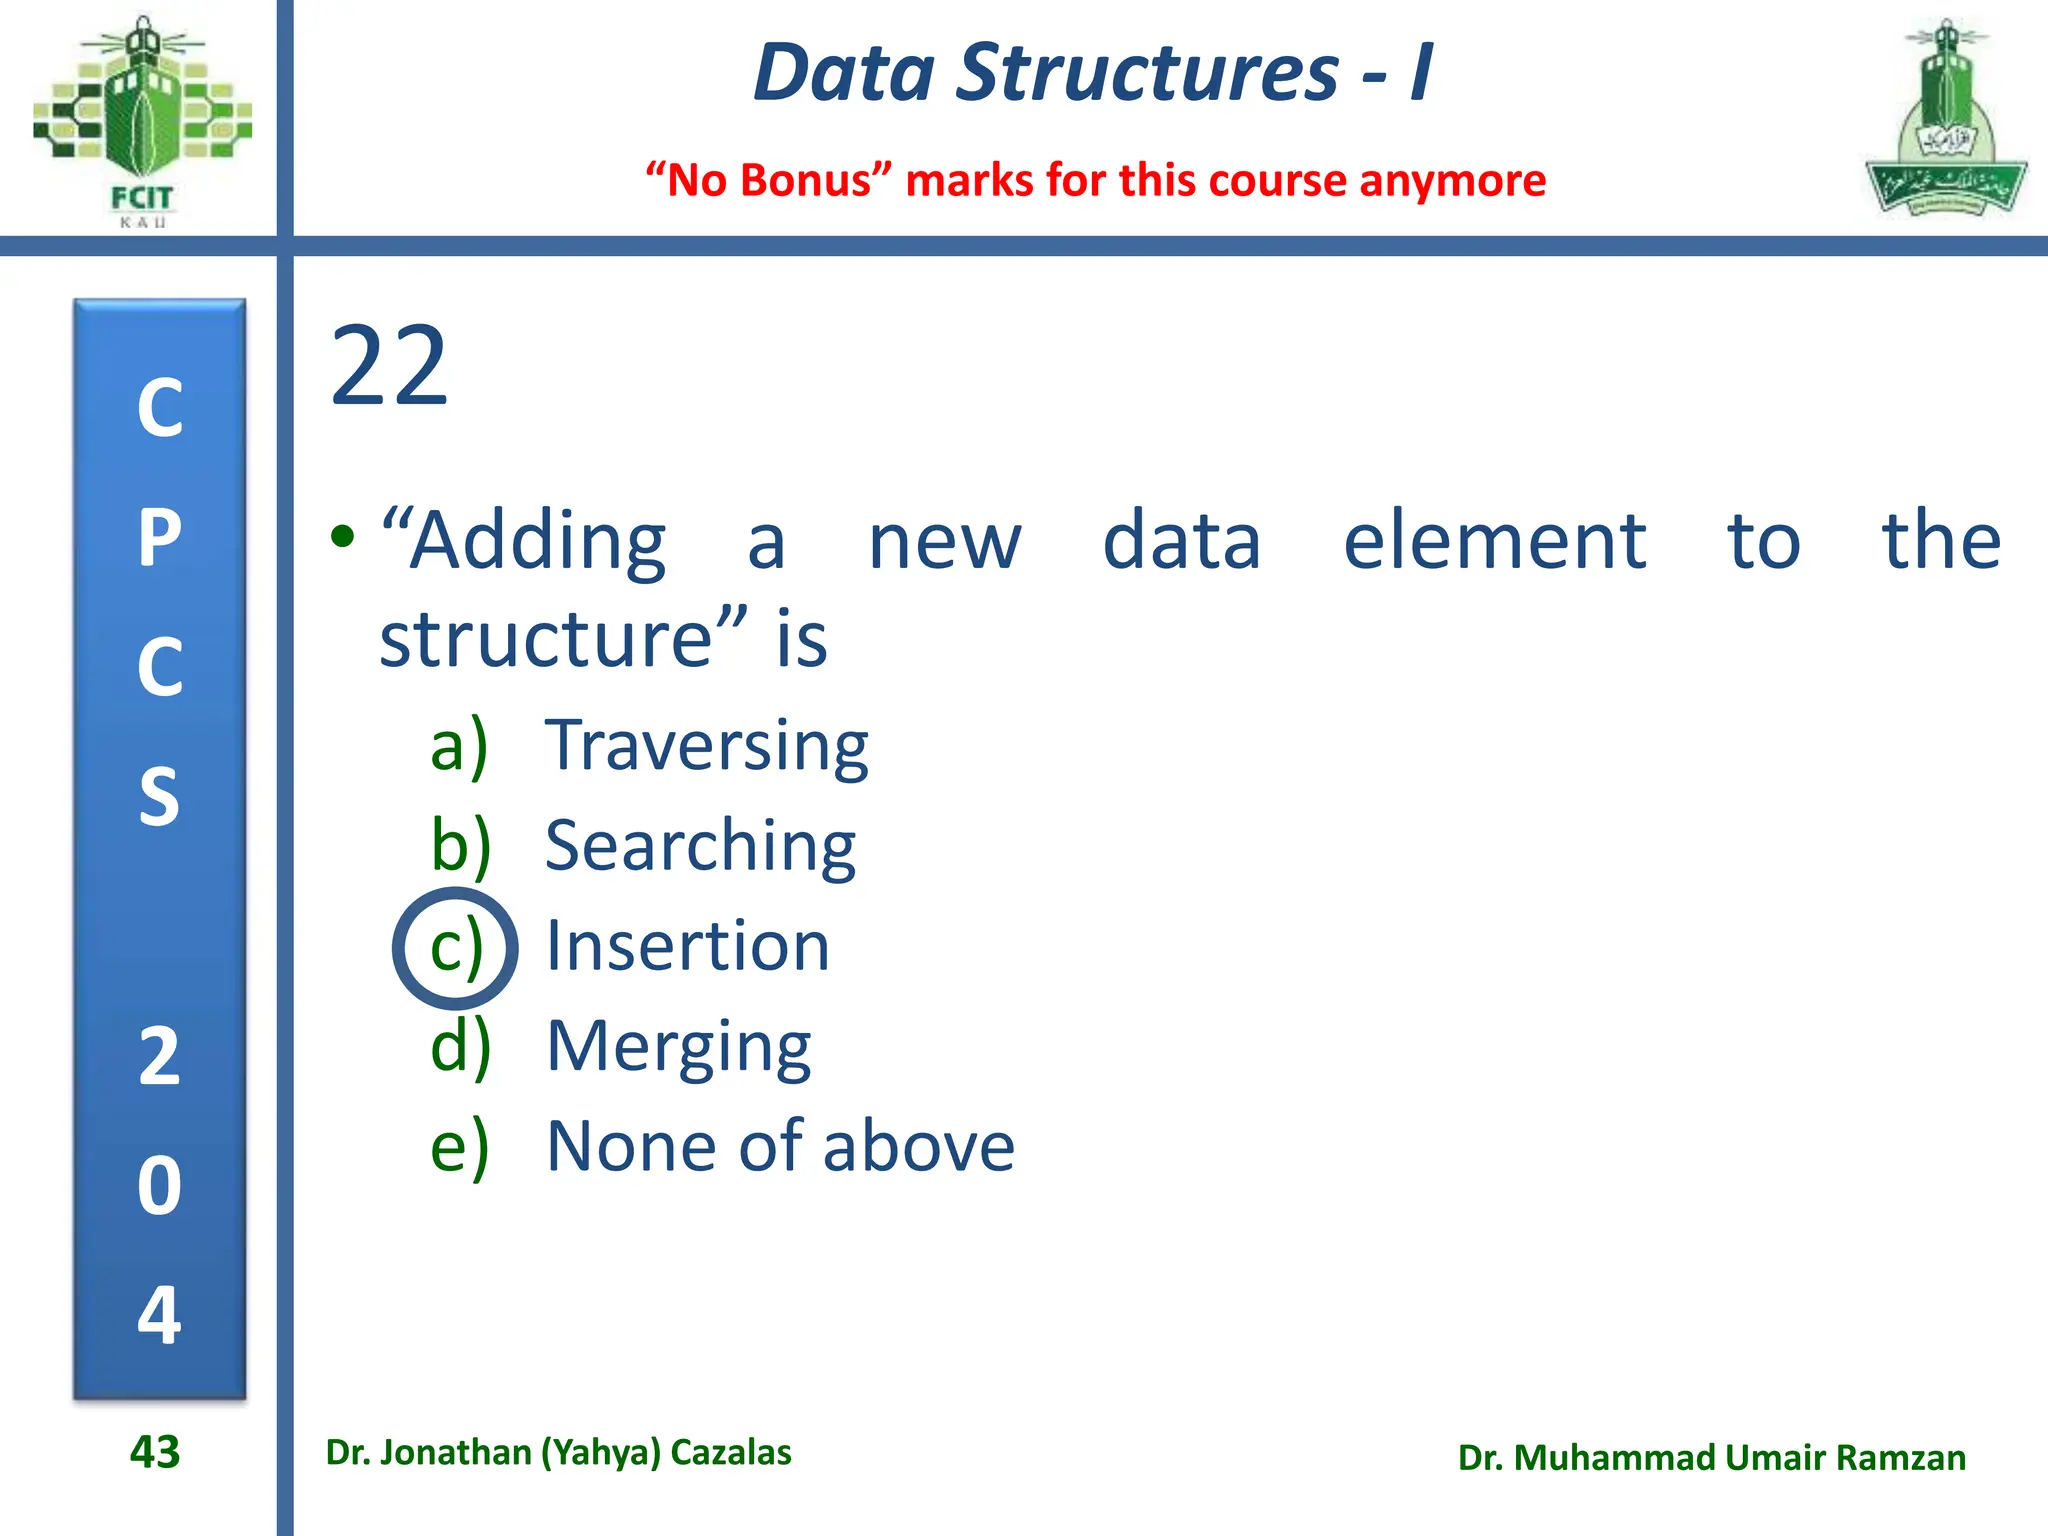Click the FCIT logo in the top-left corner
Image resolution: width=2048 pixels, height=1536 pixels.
(142, 120)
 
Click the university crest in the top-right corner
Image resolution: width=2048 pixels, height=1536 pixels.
(1945, 120)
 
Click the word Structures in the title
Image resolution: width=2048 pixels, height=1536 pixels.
(1146, 72)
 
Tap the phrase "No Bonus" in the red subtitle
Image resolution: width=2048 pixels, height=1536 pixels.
(768, 181)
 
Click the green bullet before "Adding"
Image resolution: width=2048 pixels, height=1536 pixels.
(343, 537)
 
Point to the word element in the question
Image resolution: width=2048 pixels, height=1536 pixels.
(1494, 541)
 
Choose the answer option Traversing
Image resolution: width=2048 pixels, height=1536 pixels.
(706, 746)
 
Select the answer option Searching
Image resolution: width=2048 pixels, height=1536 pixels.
(700, 846)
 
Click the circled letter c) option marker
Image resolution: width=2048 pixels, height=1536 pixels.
(456, 947)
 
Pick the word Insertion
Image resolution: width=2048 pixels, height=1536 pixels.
(688, 946)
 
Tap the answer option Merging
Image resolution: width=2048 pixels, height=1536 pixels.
(679, 1047)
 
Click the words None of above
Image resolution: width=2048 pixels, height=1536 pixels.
(780, 1146)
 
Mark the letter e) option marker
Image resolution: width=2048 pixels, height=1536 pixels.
(460, 1146)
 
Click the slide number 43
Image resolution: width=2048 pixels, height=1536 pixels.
(155, 1452)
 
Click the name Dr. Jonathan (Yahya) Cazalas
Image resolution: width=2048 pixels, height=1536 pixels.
(558, 1452)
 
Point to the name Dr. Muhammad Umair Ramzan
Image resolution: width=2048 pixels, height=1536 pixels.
(1711, 1458)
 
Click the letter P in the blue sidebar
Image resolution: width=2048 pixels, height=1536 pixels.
(160, 538)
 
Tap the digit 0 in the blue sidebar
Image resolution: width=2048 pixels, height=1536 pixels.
(160, 1186)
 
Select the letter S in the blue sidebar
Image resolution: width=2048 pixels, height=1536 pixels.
(160, 797)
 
